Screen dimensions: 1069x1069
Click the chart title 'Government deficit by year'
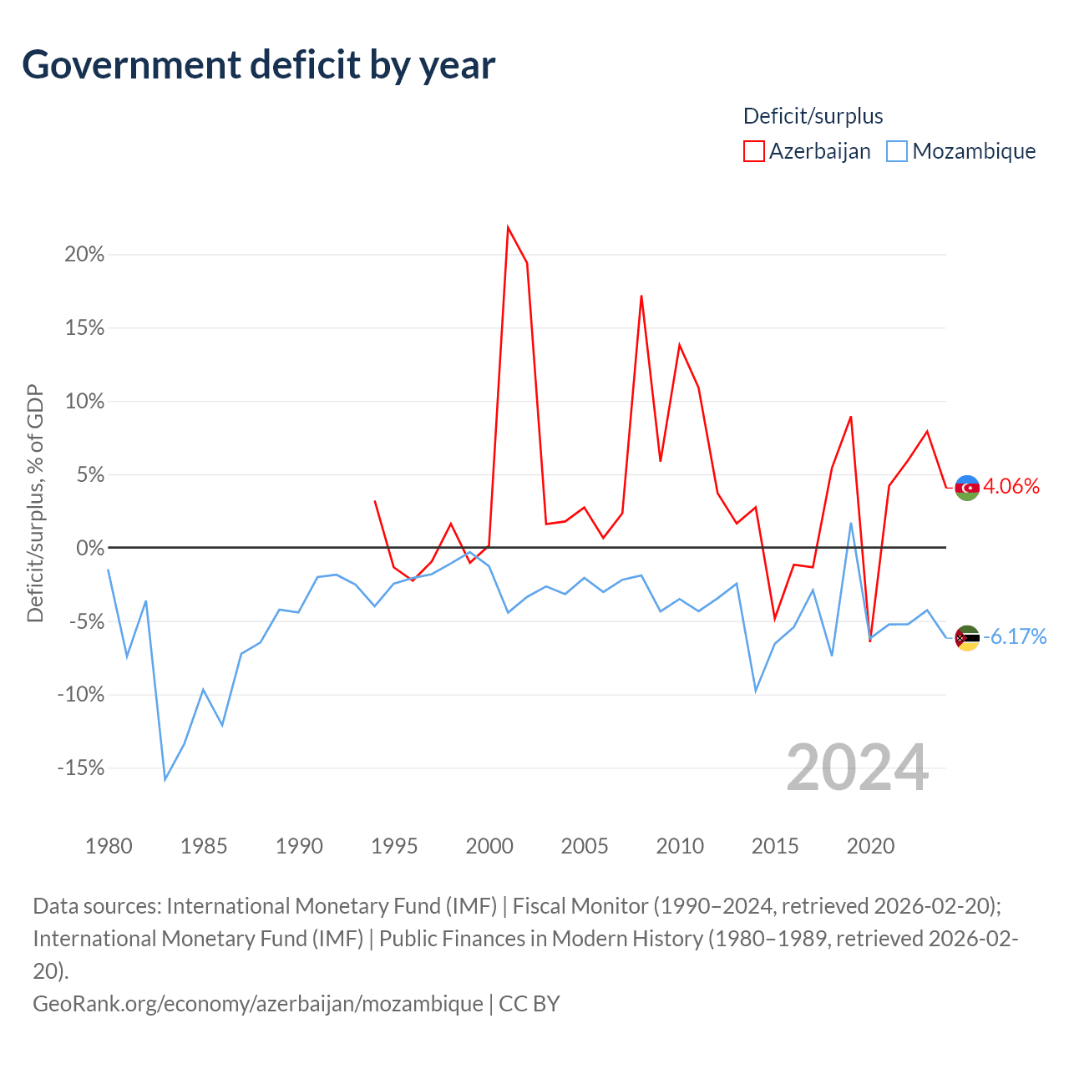click(258, 65)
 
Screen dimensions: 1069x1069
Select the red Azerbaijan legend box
click(753, 151)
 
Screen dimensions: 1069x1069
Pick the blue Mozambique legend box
click(896, 151)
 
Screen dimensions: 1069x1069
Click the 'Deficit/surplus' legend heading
click(813, 116)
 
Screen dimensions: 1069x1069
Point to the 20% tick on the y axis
click(84, 255)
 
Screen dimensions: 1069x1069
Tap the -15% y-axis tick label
click(81, 768)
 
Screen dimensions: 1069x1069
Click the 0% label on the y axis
click(90, 548)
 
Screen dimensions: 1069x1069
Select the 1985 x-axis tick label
click(204, 846)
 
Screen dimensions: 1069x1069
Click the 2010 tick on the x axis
click(680, 846)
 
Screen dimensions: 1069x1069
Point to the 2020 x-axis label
click(870, 846)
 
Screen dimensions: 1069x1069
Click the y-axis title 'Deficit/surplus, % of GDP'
click(36, 503)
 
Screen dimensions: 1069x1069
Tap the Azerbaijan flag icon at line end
click(967, 488)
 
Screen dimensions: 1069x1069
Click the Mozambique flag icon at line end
click(967, 637)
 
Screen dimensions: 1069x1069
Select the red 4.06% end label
click(1011, 487)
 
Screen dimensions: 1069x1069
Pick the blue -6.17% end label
click(1015, 636)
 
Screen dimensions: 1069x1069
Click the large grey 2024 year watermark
click(857, 768)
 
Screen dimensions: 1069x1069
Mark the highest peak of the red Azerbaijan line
click(508, 227)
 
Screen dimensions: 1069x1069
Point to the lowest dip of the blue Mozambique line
click(165, 780)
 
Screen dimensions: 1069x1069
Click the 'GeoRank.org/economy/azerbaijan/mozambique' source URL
click(258, 1004)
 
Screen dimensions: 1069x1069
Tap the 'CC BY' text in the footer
click(529, 1004)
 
